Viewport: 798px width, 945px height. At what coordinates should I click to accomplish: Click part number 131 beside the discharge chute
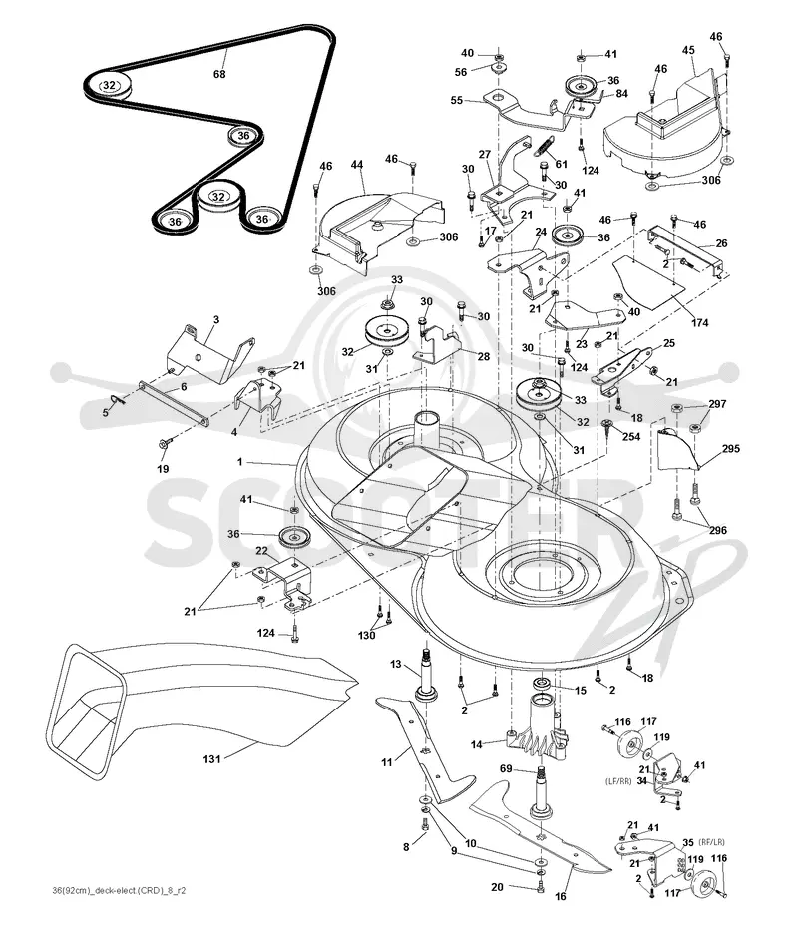[x=211, y=759]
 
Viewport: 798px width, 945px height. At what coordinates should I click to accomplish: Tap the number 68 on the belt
[x=219, y=74]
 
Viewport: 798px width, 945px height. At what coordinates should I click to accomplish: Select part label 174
[x=700, y=323]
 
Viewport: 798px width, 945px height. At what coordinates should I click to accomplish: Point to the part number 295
[x=730, y=448]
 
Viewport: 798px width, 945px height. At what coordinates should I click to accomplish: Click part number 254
[x=631, y=436]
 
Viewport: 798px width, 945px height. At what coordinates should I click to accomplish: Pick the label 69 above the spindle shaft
[x=506, y=768]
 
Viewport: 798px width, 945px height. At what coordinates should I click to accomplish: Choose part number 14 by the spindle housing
[x=476, y=744]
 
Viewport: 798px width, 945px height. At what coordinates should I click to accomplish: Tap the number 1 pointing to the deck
[x=239, y=462]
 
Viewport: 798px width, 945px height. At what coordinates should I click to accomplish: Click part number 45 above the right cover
[x=688, y=50]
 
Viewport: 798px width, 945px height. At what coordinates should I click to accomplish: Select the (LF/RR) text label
[x=618, y=781]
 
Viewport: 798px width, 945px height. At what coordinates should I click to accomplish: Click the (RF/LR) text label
[x=712, y=842]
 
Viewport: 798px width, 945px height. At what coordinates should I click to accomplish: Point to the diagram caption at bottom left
[x=119, y=890]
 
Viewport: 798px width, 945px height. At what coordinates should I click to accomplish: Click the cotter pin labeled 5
[x=120, y=399]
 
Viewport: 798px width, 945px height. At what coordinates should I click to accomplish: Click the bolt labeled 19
[x=164, y=444]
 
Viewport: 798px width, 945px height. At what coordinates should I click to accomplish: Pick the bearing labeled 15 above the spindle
[x=542, y=684]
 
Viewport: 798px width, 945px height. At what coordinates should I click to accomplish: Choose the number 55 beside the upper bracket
[x=457, y=100]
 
